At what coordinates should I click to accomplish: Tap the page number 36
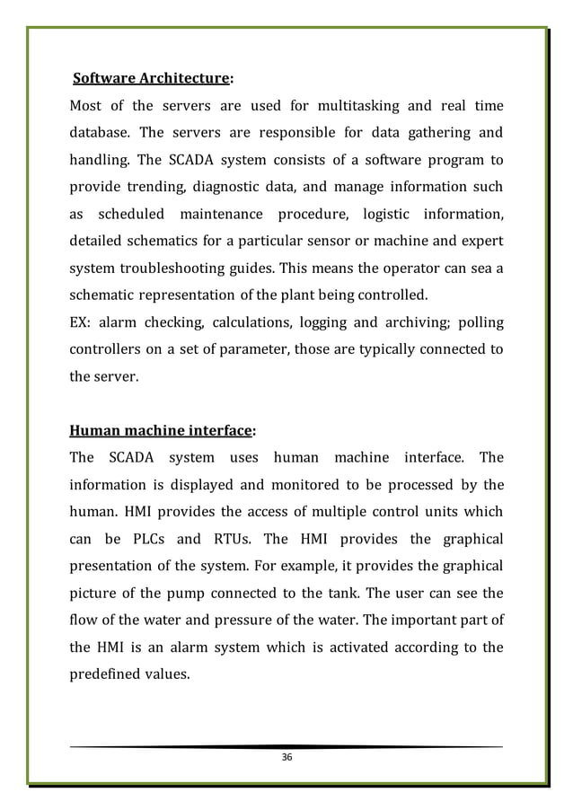pos(286,759)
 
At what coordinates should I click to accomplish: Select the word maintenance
pos(221,215)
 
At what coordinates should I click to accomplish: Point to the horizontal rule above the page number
pos(286,746)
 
